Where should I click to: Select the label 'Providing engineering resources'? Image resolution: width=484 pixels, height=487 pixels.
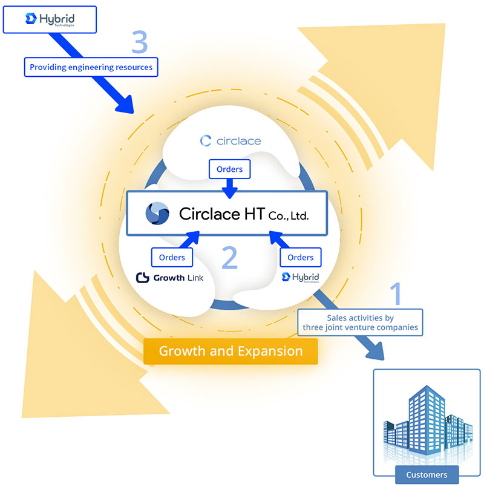[91, 67]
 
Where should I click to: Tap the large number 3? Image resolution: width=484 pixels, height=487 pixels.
[140, 42]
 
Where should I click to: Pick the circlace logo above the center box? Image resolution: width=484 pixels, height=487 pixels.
[230, 141]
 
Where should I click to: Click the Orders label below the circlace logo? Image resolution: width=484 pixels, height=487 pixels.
[229, 169]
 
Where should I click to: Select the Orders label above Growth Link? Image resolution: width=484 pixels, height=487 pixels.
[172, 257]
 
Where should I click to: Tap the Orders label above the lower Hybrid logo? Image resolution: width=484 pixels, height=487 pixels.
[300, 257]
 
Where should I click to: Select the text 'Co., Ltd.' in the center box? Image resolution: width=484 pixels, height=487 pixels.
[288, 215]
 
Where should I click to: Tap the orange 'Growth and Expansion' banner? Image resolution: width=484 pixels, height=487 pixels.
[231, 351]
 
